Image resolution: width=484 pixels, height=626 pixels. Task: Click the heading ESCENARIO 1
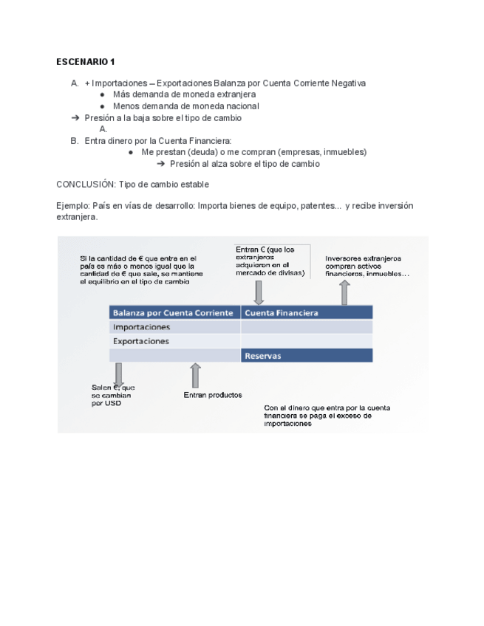point(86,61)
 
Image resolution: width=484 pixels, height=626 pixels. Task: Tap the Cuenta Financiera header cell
point(282,313)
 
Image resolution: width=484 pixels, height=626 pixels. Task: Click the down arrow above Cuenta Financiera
point(259,292)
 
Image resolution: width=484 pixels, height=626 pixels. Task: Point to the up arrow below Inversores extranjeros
point(344,292)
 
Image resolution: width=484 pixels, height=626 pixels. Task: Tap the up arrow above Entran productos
point(195,375)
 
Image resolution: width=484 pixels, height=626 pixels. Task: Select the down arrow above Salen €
point(117,374)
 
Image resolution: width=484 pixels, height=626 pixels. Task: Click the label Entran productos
point(212,395)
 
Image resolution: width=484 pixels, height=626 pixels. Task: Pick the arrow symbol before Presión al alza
point(160,164)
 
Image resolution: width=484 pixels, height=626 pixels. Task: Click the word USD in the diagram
point(112,403)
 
